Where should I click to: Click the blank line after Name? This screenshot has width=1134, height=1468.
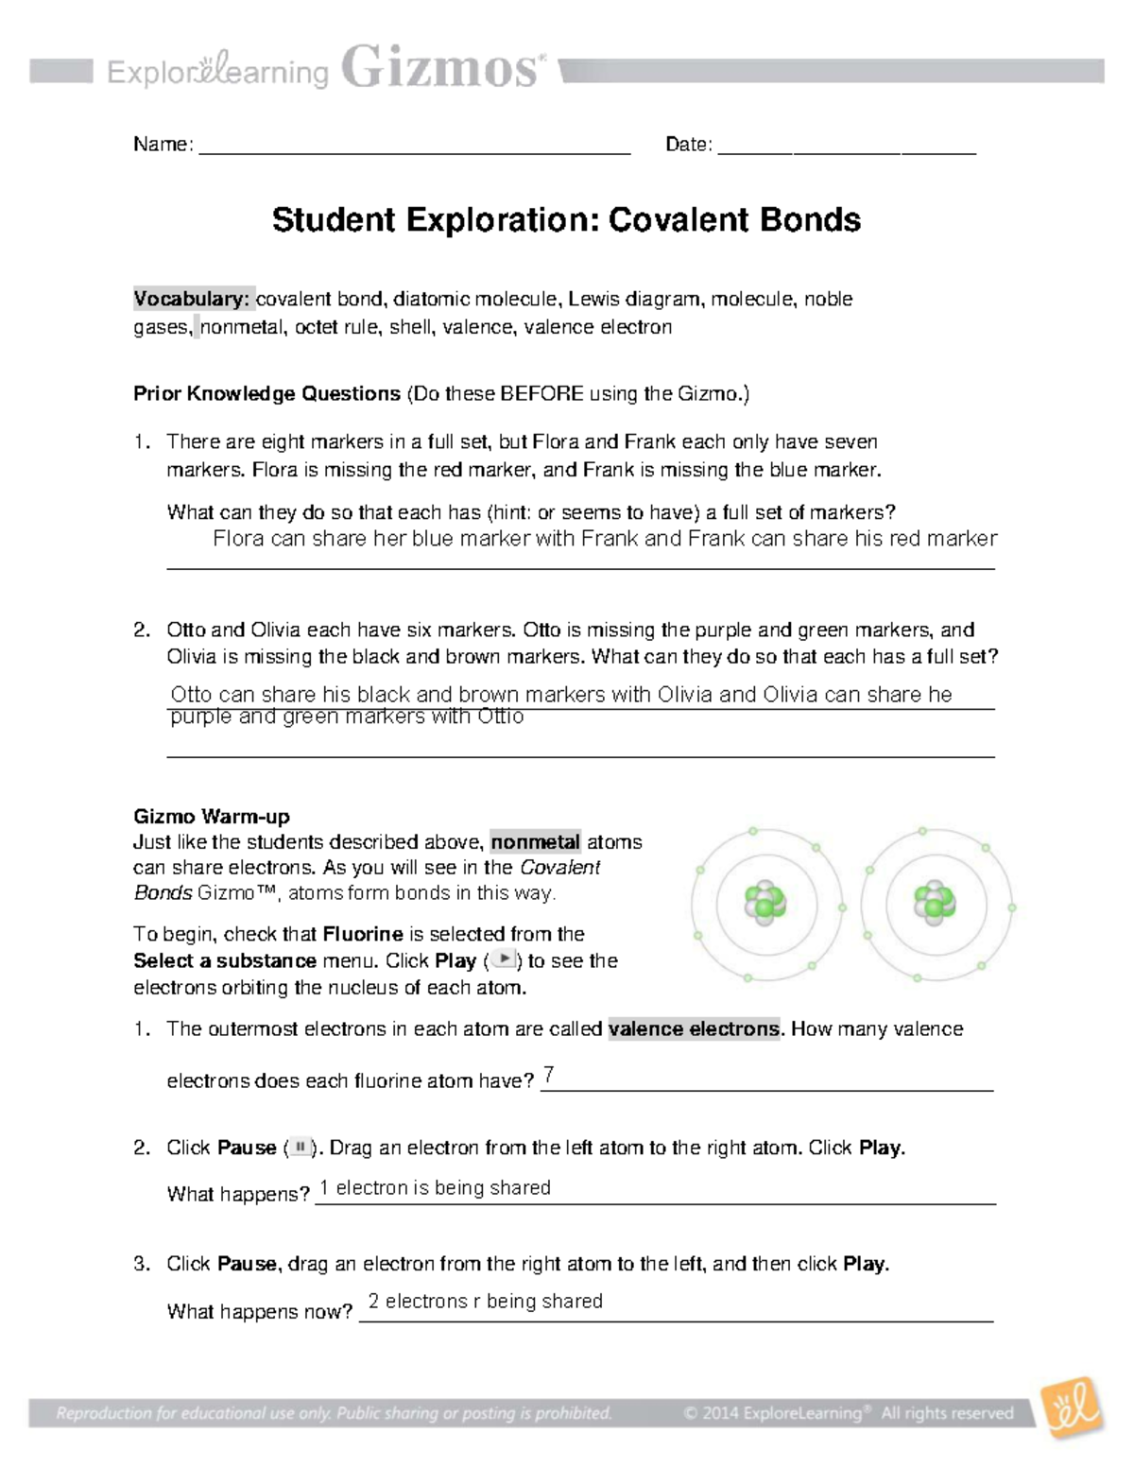tap(414, 147)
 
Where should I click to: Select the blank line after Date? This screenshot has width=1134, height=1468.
tap(846, 147)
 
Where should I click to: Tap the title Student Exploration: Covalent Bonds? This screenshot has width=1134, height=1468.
tap(566, 220)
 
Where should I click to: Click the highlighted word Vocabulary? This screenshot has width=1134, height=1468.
tap(192, 299)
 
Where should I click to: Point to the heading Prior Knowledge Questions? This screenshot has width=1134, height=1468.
tap(266, 394)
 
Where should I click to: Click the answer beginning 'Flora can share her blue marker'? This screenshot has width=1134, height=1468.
tap(605, 539)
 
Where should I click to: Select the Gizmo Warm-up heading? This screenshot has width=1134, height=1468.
tap(211, 817)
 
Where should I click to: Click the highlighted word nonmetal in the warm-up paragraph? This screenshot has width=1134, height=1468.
tap(535, 842)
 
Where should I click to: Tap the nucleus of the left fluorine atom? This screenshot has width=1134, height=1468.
tap(765, 903)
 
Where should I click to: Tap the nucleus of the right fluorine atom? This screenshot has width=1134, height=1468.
tap(935, 903)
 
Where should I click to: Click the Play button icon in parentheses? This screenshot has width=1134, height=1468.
tap(505, 959)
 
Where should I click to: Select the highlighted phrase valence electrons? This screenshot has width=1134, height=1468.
tap(695, 1028)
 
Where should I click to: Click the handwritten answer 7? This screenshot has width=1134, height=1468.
tap(548, 1075)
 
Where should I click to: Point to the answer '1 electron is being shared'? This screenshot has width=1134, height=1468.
tap(435, 1188)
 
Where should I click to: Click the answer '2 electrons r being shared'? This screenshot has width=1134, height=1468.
tap(485, 1302)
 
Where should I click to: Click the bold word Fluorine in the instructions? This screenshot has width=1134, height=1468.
tap(363, 934)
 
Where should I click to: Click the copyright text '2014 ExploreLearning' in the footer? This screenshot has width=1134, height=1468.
tap(775, 1414)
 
